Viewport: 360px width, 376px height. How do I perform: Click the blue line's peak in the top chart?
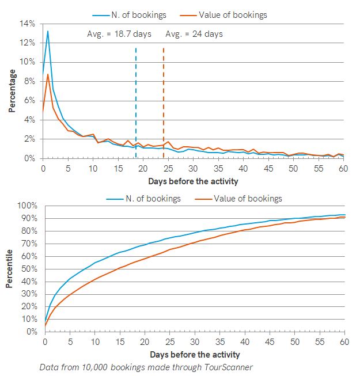point(48,31)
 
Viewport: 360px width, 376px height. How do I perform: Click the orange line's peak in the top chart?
point(48,74)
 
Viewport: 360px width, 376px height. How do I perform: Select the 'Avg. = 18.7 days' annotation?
point(119,34)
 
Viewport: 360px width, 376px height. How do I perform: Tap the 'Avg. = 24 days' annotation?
point(194,34)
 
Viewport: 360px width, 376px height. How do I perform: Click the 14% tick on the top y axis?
point(28,24)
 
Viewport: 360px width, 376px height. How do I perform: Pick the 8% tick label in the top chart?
point(29,81)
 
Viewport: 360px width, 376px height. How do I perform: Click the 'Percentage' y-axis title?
point(12,91)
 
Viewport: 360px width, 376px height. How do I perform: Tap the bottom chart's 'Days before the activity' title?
point(194,354)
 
